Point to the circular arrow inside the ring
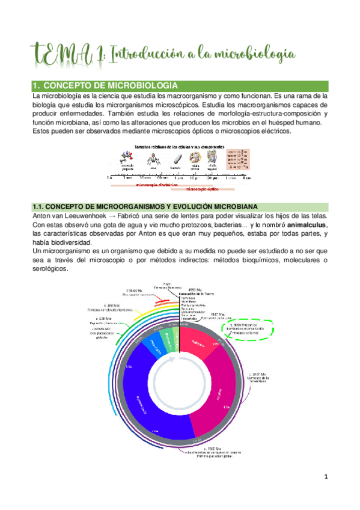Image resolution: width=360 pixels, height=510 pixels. (180, 381)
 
